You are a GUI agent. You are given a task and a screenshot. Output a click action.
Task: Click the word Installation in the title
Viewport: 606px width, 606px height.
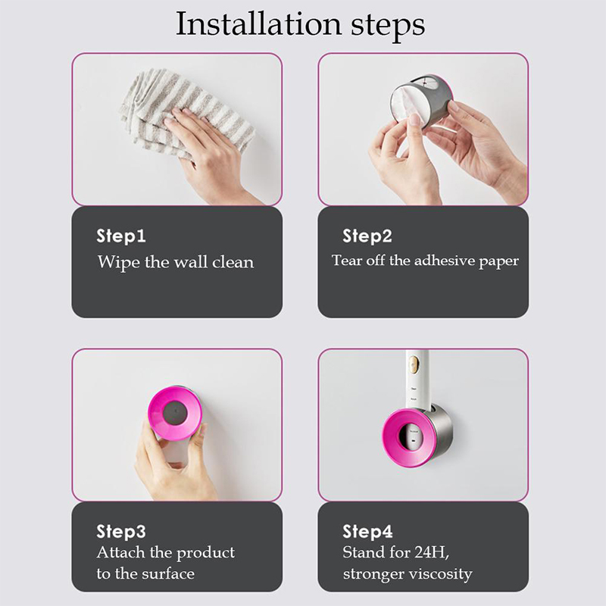coord(258,24)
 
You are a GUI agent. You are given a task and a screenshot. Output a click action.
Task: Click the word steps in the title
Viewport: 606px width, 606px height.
coord(388,27)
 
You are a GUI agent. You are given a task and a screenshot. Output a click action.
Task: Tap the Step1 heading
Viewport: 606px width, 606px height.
coord(121,236)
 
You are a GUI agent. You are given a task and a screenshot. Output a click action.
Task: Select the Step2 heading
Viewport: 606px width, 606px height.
coord(367,236)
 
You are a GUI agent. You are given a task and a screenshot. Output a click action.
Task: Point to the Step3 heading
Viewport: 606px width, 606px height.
coord(121,532)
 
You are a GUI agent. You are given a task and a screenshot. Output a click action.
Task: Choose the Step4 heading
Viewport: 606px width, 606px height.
coord(367,532)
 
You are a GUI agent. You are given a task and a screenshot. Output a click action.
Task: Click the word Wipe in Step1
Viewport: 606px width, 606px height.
coord(118,263)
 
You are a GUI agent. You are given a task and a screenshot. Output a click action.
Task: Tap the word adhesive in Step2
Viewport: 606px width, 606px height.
coord(445,261)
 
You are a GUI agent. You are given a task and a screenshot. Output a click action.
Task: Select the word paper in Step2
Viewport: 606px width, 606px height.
coord(499,262)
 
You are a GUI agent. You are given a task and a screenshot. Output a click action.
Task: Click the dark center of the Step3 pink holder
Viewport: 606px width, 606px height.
coord(175,413)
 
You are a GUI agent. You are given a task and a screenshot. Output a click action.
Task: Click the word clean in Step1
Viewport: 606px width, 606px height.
coord(233,262)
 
